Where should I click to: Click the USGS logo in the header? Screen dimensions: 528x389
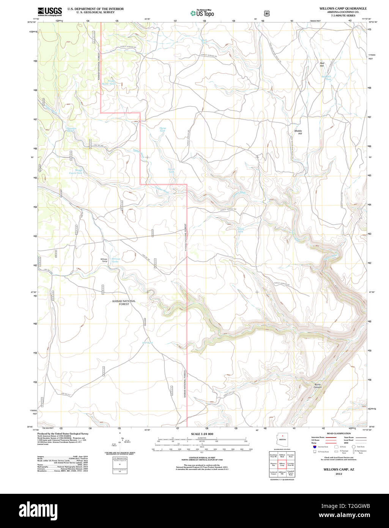tap(49, 12)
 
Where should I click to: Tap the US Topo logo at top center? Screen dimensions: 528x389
tap(202, 13)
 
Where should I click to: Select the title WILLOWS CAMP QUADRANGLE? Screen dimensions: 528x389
tap(343, 8)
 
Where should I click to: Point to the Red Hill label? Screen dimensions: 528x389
tap(322, 65)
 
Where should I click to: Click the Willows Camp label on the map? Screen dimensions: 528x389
tap(104, 260)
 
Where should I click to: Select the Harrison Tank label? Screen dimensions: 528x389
tap(72, 130)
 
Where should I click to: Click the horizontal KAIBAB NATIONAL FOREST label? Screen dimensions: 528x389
tap(124, 302)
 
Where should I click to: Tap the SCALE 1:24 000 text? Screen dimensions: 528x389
tap(202, 434)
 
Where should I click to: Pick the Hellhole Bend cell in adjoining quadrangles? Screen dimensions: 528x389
tap(282, 455)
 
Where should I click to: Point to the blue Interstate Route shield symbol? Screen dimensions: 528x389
tap(315, 447)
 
